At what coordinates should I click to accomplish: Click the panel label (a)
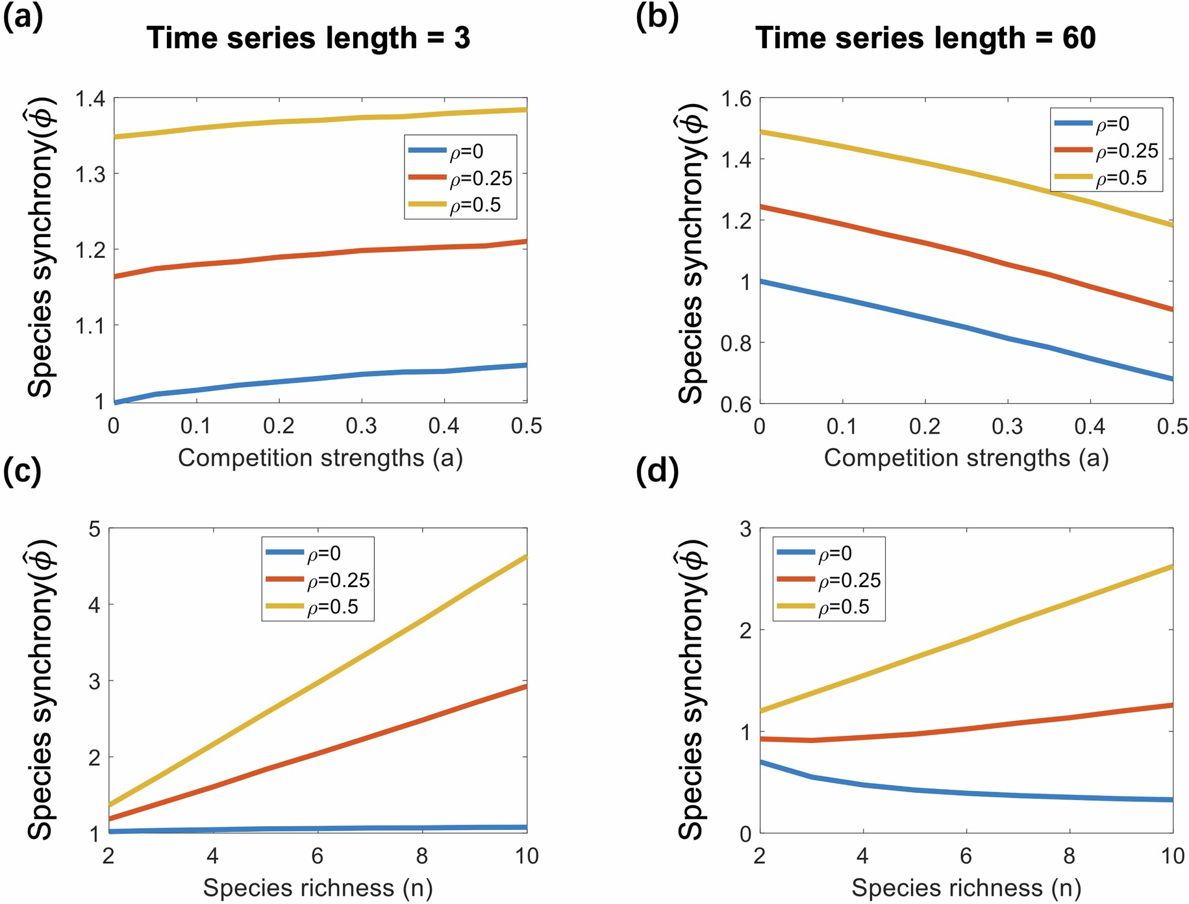[x=23, y=18]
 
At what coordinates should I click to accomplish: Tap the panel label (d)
[x=657, y=470]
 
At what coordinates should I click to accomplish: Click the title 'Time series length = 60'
[x=925, y=38]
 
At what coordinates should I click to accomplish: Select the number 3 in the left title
[x=462, y=38]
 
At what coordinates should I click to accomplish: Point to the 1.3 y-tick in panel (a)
[x=90, y=174]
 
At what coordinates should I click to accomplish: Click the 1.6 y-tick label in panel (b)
[x=736, y=99]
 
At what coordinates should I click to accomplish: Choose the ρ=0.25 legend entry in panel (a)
[x=461, y=178]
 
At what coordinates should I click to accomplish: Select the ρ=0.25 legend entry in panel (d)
[x=828, y=580]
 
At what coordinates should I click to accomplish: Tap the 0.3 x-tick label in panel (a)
[x=361, y=426]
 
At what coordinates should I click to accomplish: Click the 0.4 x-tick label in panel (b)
[x=1090, y=426]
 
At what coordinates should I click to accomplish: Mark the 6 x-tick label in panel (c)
[x=317, y=856]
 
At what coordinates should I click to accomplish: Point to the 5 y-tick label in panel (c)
[x=95, y=529]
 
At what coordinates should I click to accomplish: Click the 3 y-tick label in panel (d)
[x=745, y=529]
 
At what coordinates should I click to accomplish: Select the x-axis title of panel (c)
[x=318, y=888]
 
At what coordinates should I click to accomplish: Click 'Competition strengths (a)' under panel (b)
[x=966, y=458]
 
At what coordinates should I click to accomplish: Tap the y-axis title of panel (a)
[x=40, y=248]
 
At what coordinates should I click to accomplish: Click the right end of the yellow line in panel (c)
[x=525, y=557]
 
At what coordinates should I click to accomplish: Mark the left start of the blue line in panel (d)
[x=761, y=762]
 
